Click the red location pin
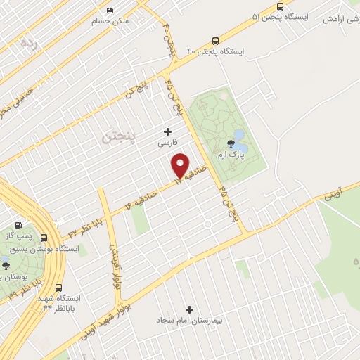coord(181,167)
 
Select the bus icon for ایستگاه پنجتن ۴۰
coord(240,40)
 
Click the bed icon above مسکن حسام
coord(110,11)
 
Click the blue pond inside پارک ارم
coord(238,136)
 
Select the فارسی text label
coord(167,142)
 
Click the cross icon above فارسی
coord(167,131)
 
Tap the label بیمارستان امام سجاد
coord(188,320)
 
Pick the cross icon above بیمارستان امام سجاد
coord(188,309)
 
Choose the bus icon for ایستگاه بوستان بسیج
coord(46,238)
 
